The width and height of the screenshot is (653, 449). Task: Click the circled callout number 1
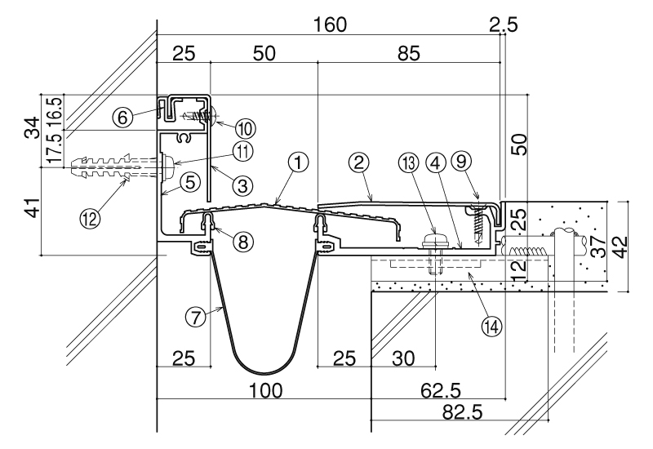pos(298,162)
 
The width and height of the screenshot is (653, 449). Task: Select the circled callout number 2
pos(359,162)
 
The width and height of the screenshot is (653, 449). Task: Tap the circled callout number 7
pos(196,318)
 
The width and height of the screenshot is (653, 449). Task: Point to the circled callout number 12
pos(90,217)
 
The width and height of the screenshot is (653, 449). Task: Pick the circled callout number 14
pos(492,326)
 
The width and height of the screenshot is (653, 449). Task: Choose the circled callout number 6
pos(122,118)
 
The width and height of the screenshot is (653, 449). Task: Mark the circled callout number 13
pos(409,163)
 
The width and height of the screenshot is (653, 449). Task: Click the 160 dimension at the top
pos(330,24)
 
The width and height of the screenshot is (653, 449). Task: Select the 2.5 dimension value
pos(504,24)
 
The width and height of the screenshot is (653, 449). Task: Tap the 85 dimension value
pos(409,54)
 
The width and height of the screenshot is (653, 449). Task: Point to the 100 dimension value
pos(266,391)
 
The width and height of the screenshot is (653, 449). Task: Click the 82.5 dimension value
pos(462,412)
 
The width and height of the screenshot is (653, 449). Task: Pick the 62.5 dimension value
pos(441,391)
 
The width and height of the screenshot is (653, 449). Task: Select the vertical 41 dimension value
pos(33,207)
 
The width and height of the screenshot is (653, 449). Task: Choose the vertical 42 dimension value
pos(620,247)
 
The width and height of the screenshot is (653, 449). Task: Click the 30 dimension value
pos(403,358)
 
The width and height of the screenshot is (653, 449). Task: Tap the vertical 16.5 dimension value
pos(56,108)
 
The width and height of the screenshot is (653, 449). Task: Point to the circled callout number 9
pos(461,161)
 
